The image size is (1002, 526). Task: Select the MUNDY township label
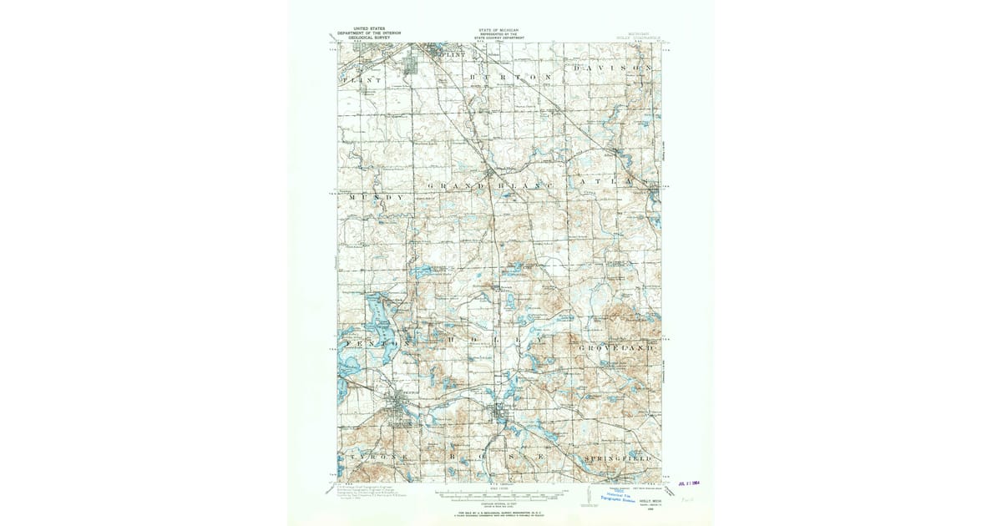pyautogui.click(x=376, y=197)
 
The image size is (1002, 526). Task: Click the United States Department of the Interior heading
pyautogui.click(x=368, y=34)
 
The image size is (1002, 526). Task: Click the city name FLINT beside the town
pyautogui.click(x=452, y=54)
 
